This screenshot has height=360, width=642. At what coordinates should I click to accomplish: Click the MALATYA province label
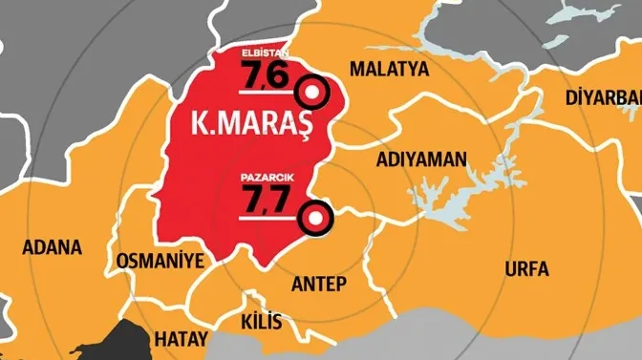(x=389, y=69)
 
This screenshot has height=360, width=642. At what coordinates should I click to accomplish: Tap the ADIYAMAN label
(x=421, y=159)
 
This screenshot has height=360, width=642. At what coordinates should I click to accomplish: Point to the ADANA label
(x=50, y=246)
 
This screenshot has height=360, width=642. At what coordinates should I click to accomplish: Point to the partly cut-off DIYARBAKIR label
(x=603, y=98)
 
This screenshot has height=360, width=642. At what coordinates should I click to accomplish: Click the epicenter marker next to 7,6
(x=312, y=93)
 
